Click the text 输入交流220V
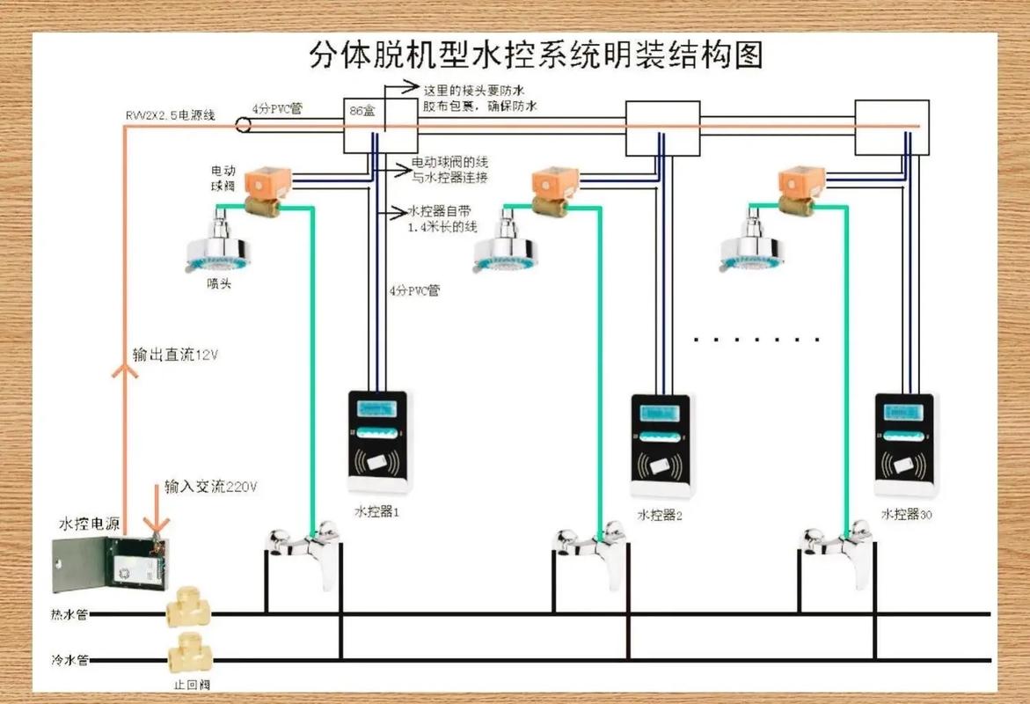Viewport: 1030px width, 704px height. point(210,487)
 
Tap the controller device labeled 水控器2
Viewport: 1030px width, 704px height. point(661,449)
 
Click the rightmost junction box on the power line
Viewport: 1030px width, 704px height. point(892,128)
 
